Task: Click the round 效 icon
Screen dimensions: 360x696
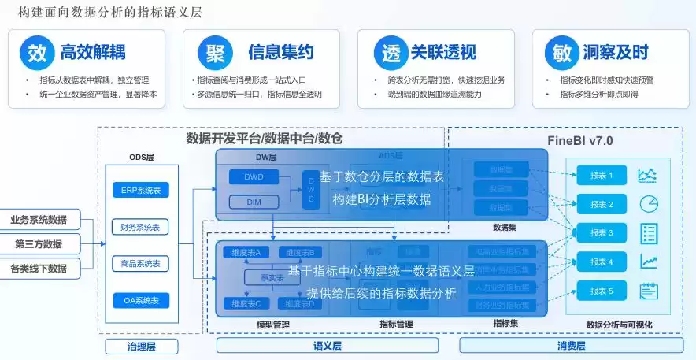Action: pos(36,53)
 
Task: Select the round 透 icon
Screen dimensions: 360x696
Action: pos(387,53)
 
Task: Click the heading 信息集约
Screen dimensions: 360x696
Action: pos(280,53)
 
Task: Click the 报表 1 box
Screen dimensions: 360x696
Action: pos(602,176)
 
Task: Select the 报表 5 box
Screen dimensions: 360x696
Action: pos(602,291)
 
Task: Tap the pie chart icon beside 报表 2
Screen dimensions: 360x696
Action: pos(649,204)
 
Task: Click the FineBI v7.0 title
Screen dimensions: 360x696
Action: pos(579,141)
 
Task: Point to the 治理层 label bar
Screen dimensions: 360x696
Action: pos(142,346)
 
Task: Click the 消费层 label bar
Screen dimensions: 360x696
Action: pos(572,346)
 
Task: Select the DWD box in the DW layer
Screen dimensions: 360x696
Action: pos(254,177)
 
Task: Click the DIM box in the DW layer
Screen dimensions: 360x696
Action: pos(254,202)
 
